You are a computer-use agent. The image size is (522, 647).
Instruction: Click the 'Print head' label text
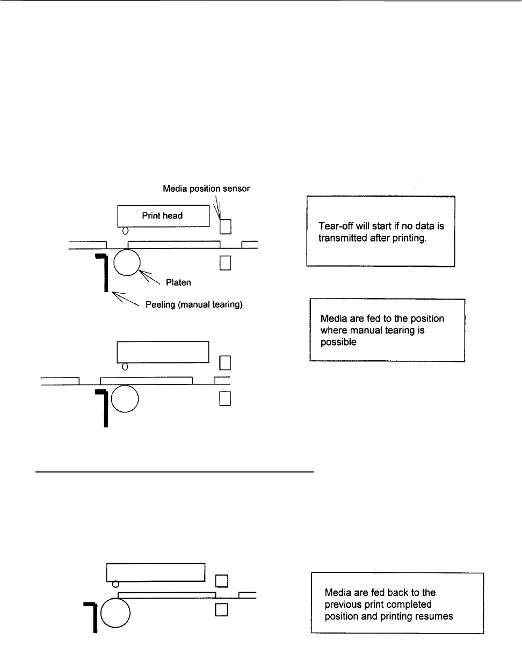tap(162, 216)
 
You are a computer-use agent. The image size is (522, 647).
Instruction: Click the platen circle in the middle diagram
tap(125, 399)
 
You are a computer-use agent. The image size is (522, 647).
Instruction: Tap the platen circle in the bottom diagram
tap(115, 613)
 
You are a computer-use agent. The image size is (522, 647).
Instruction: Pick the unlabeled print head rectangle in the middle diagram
tap(163, 351)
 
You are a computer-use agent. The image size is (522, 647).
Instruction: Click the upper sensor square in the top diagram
tap(226, 227)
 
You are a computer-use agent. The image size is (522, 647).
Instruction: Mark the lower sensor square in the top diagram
tap(226, 262)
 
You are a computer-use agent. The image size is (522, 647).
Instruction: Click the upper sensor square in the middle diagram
tap(226, 364)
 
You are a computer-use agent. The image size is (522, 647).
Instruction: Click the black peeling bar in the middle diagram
tap(106, 408)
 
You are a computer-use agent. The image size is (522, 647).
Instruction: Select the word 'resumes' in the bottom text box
tap(435, 616)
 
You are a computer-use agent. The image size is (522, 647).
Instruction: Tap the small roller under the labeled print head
tap(125, 231)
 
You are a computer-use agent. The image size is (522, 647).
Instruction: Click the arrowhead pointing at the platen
tap(142, 273)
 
